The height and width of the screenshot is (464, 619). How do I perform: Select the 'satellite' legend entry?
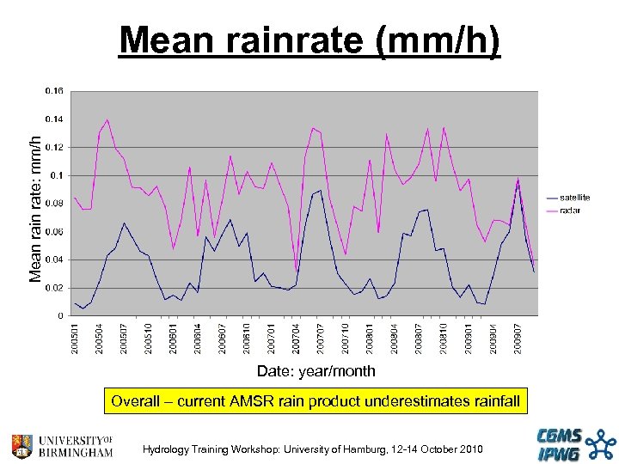click(574, 198)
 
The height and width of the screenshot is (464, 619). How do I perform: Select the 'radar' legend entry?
click(569, 211)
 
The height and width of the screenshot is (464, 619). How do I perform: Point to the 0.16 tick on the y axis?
click(53, 90)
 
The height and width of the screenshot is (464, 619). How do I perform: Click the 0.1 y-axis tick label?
click(57, 175)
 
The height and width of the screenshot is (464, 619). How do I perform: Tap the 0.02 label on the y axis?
click(53, 288)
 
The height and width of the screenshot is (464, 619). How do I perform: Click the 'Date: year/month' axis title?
click(316, 371)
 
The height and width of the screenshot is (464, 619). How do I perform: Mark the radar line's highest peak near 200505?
click(107, 119)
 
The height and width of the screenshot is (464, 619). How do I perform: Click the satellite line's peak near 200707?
click(321, 191)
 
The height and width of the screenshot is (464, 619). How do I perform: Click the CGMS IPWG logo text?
click(560, 444)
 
